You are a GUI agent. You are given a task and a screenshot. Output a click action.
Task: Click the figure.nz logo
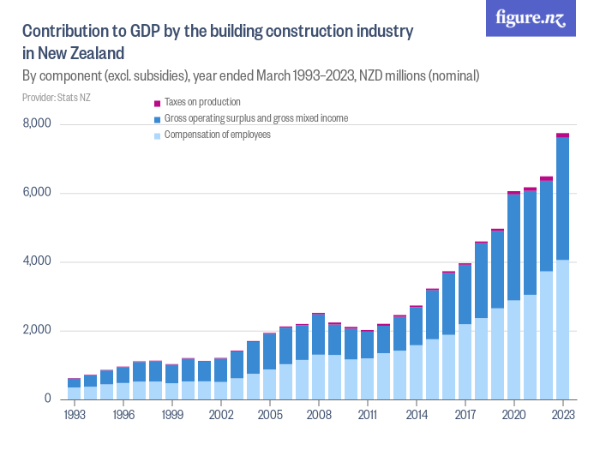point(531,19)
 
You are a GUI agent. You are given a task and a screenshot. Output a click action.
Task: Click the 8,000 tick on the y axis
point(36,124)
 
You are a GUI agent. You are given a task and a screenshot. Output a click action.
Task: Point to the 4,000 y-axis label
point(36,261)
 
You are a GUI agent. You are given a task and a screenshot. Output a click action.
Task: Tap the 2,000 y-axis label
point(36,330)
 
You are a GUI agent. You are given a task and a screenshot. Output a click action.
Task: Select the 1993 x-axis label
point(75,413)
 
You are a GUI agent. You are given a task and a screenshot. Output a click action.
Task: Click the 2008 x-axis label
point(319,413)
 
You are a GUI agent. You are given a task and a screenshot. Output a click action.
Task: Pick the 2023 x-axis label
point(562,413)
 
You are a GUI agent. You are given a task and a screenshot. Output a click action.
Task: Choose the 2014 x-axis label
point(417,413)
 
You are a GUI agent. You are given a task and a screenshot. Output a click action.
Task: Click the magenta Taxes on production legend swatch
point(157,103)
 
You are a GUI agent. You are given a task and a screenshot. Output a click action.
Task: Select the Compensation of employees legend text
point(217,135)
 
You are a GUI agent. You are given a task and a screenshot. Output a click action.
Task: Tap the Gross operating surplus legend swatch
point(157,119)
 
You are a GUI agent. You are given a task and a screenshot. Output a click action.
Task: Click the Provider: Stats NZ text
point(56,98)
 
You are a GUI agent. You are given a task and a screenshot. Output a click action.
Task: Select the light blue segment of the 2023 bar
point(562,330)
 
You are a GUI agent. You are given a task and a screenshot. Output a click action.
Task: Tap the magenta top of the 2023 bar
point(562,135)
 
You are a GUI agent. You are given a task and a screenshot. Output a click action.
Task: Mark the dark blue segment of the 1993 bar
point(75,382)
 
